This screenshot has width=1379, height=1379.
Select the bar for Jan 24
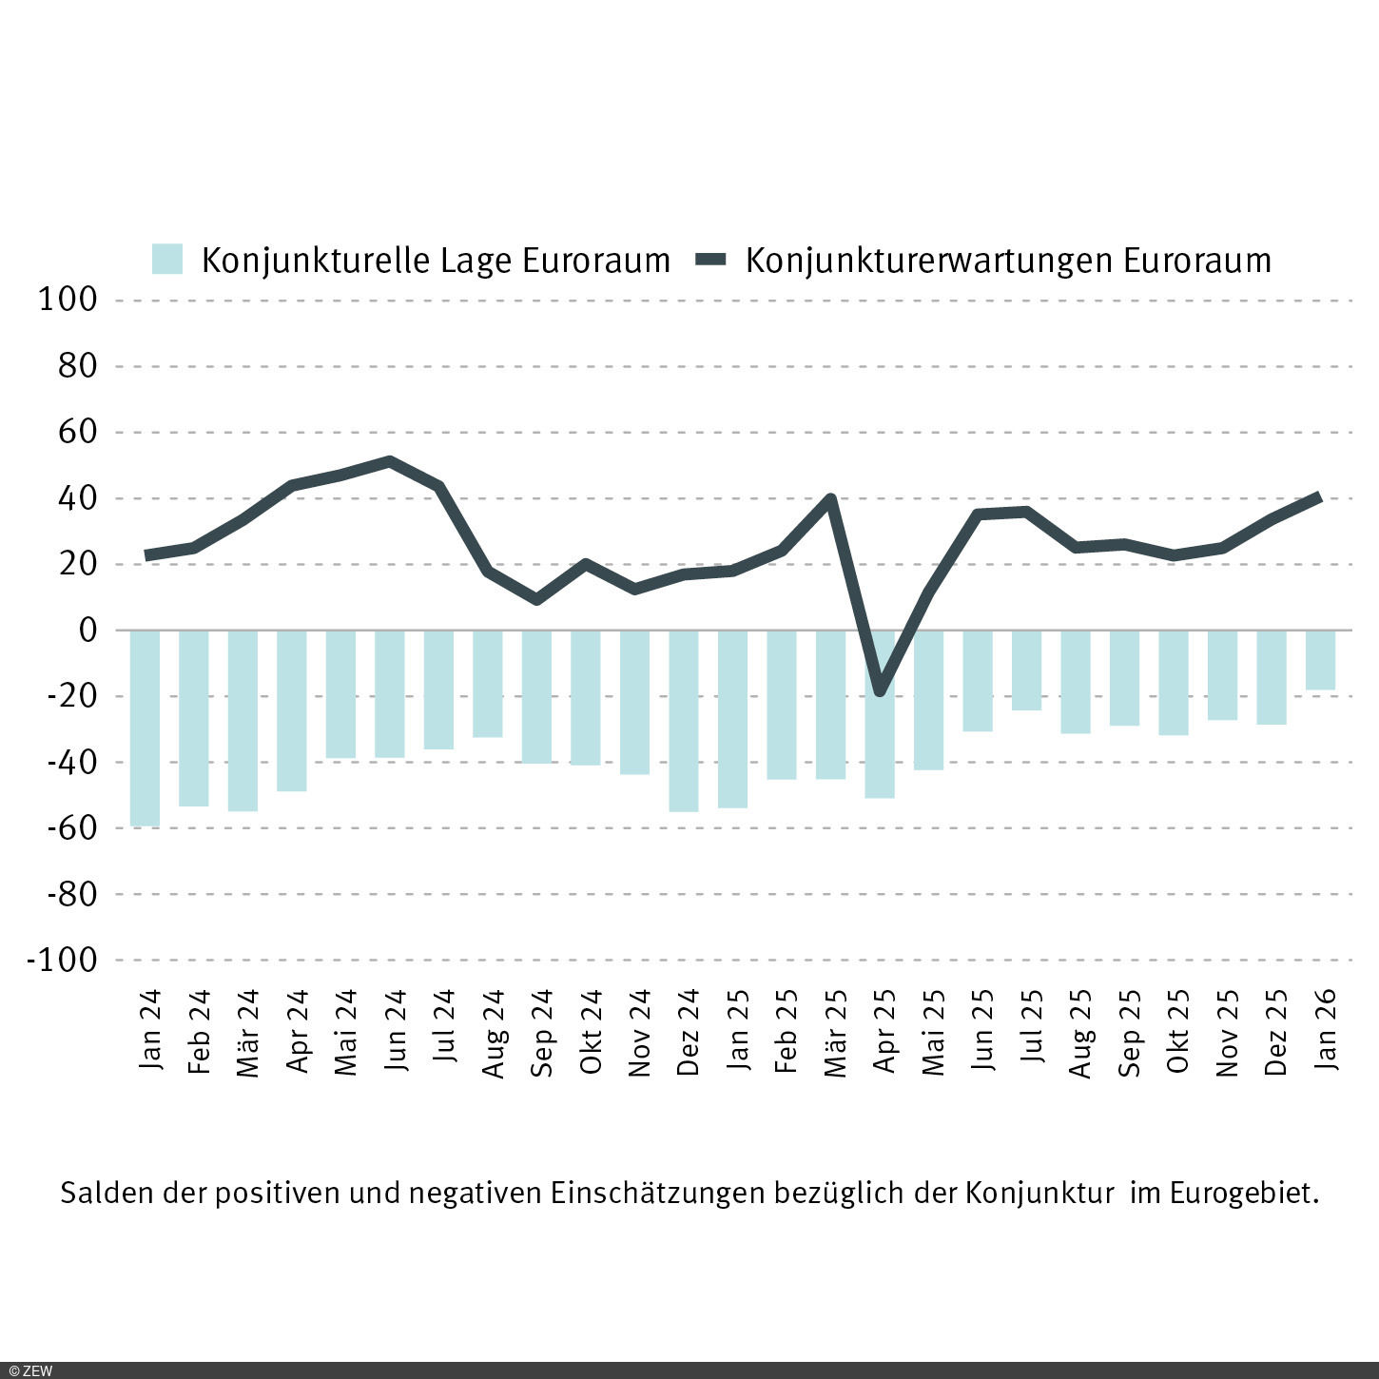(x=145, y=728)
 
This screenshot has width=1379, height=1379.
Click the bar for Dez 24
(x=684, y=720)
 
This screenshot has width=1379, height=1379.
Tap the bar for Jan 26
(x=1320, y=659)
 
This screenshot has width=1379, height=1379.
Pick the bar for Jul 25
(x=1026, y=670)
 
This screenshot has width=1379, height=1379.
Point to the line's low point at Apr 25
(x=880, y=691)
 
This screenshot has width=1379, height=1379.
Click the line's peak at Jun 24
(x=390, y=462)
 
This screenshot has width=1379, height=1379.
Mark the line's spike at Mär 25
(x=831, y=498)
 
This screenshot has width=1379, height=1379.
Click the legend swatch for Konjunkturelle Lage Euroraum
(x=167, y=260)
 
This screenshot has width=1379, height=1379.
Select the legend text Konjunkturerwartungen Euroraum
(x=1008, y=261)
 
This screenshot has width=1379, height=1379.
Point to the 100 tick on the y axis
(x=68, y=300)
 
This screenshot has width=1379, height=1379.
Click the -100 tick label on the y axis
(x=63, y=960)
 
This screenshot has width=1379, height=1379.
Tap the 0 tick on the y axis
(x=88, y=630)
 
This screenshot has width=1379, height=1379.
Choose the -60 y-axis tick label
(x=70, y=827)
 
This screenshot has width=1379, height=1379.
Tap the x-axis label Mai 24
(x=346, y=1033)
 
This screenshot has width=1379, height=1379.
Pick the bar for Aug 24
(x=488, y=683)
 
